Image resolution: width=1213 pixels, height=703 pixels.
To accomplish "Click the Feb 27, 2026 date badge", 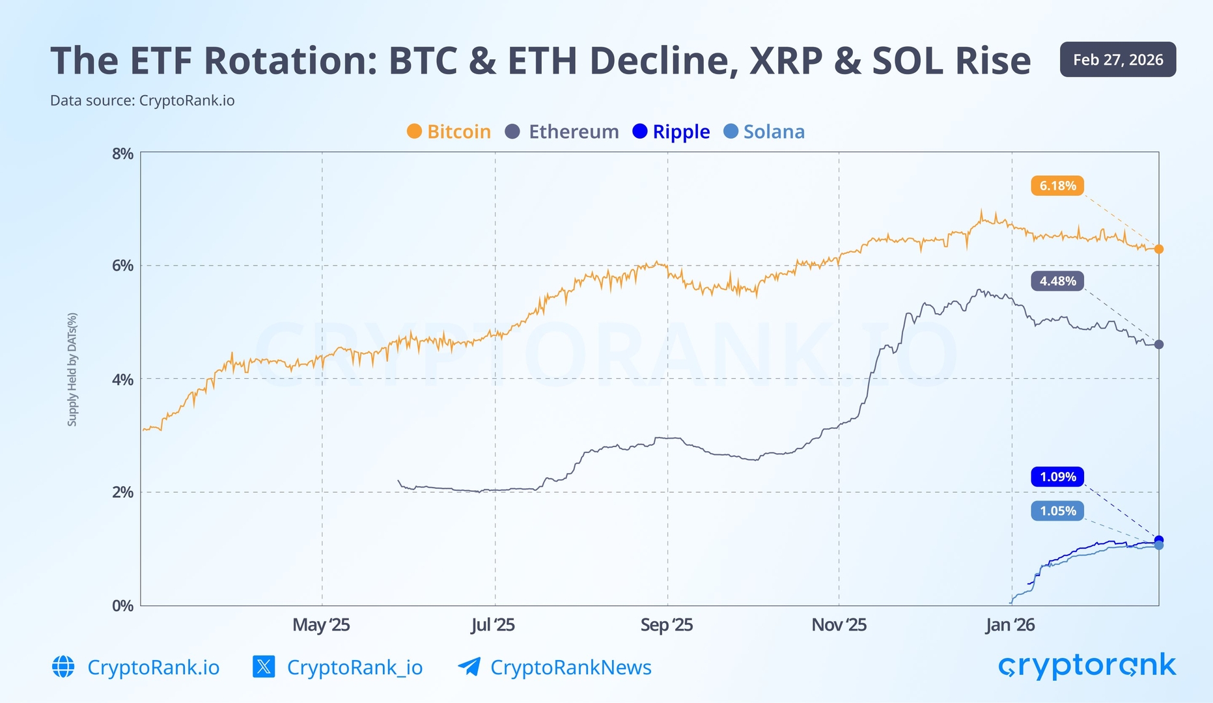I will (x=1117, y=60).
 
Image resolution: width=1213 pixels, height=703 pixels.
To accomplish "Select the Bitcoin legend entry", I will (x=449, y=131).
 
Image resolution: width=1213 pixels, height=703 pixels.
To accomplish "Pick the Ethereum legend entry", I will (x=562, y=131).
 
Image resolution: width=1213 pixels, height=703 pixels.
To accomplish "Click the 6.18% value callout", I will (x=1057, y=186).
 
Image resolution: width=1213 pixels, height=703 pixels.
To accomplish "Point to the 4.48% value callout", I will (x=1057, y=281).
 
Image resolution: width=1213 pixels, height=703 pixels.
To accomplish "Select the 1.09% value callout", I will (x=1057, y=477).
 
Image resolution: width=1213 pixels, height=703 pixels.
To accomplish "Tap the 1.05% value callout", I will (x=1057, y=511).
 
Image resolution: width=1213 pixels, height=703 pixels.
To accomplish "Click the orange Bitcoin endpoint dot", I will (x=1158, y=249).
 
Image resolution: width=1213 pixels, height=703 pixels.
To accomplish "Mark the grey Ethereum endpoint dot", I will (x=1158, y=344).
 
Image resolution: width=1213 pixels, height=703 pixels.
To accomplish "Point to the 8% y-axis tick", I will (x=122, y=154).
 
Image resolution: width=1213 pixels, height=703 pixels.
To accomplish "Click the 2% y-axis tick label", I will (x=122, y=492).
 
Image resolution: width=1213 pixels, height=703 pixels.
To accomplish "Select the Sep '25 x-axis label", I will (x=666, y=625).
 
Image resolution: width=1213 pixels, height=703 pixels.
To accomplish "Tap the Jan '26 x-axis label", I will (x=1010, y=625).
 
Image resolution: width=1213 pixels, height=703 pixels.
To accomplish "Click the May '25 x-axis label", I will (x=321, y=625).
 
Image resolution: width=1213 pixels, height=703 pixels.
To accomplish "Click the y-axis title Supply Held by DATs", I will (x=72, y=369).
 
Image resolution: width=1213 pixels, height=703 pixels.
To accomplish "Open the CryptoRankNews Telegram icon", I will (x=469, y=667).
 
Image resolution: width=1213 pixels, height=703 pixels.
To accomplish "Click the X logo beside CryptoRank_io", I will (x=264, y=667).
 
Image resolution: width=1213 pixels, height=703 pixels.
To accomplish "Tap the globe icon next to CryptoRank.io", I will (x=63, y=667).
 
